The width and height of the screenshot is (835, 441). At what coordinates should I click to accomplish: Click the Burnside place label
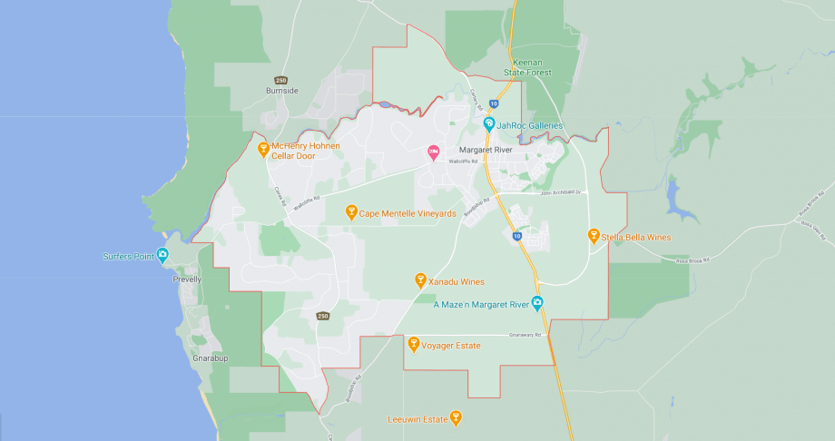[281, 91]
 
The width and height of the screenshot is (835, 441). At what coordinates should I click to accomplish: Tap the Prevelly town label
[186, 279]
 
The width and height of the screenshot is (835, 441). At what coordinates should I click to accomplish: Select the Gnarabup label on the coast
[210, 358]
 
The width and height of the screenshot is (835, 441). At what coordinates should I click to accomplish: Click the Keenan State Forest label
[528, 66]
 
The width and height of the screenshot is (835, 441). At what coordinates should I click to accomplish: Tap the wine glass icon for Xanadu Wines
[420, 280]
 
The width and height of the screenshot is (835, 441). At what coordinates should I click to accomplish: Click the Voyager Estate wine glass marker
[414, 344]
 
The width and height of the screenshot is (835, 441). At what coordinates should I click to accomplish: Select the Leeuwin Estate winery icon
[456, 417]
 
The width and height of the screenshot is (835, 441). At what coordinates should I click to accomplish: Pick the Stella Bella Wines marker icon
[594, 236]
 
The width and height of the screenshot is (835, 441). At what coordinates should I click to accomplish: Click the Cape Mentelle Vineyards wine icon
[351, 212]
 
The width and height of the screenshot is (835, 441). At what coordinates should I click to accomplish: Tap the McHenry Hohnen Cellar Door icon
[263, 149]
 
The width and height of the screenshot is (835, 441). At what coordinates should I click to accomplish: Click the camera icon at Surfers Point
[162, 255]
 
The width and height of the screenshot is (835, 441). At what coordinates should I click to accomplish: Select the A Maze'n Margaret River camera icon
[537, 303]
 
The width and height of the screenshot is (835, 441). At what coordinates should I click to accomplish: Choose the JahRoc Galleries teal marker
[488, 124]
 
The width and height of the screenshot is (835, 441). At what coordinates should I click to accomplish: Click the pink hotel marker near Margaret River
[433, 152]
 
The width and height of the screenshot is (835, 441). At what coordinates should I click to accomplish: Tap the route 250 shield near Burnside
[280, 80]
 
